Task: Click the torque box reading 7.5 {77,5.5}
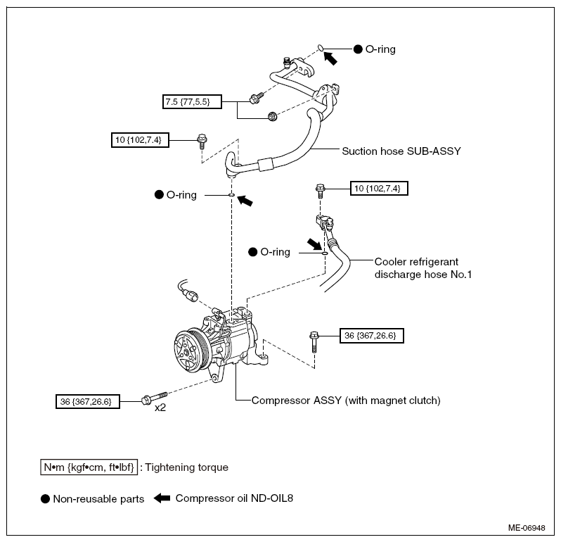pyautogui.click(x=192, y=102)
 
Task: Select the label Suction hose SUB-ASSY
pyautogui.click(x=401, y=151)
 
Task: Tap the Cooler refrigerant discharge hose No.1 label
pyautogui.click(x=423, y=268)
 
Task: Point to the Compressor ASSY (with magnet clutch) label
pyautogui.click(x=346, y=400)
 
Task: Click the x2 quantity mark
pyautogui.click(x=160, y=408)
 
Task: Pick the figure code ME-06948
pyautogui.click(x=527, y=528)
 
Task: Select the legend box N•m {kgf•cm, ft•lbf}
pyautogui.click(x=89, y=467)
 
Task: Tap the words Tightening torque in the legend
pyautogui.click(x=187, y=467)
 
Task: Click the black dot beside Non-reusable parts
pyautogui.click(x=45, y=498)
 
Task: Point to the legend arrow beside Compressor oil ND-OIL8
pyautogui.click(x=162, y=498)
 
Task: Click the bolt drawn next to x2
pyautogui.click(x=155, y=398)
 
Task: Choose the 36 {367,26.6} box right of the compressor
pyautogui.click(x=372, y=336)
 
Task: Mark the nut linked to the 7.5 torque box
pyautogui.click(x=273, y=116)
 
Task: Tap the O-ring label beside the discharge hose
pyautogui.click(x=275, y=252)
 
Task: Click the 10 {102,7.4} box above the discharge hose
pyautogui.click(x=379, y=189)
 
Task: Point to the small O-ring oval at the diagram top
pyautogui.click(x=321, y=48)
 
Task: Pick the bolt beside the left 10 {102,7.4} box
pyautogui.click(x=202, y=141)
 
